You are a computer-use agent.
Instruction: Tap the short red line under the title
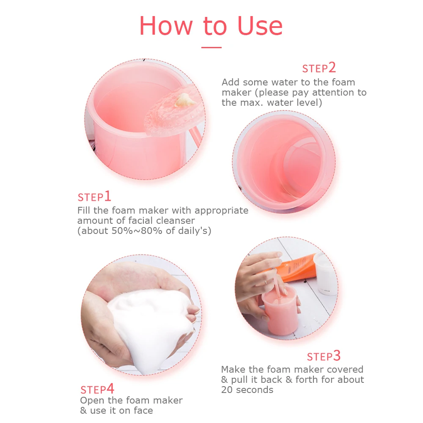pyautogui.click(x=211, y=47)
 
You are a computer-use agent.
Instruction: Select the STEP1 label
pyautogui.click(x=94, y=197)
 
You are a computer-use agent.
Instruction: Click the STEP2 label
pyautogui.click(x=319, y=68)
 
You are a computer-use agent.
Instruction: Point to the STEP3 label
pyautogui.click(x=324, y=356)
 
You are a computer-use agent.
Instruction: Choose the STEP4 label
pyautogui.click(x=97, y=389)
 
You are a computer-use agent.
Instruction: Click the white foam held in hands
pyautogui.click(x=144, y=326)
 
